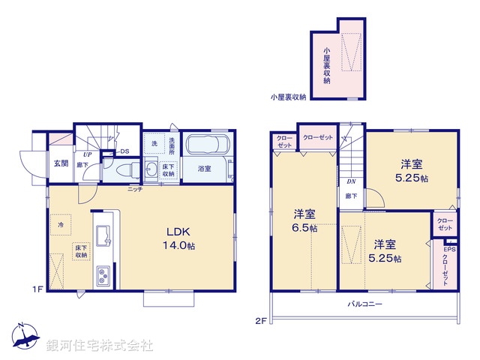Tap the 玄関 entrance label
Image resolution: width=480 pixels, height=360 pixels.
[x=61, y=163]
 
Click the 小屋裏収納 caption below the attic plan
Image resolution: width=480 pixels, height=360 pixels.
[x=288, y=97]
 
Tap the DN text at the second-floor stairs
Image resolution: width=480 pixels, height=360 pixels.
[x=351, y=181]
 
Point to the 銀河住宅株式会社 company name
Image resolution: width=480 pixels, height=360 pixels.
[x=100, y=346]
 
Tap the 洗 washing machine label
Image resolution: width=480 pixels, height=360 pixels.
[x=154, y=143]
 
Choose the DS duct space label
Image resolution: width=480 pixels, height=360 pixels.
[x=124, y=150]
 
